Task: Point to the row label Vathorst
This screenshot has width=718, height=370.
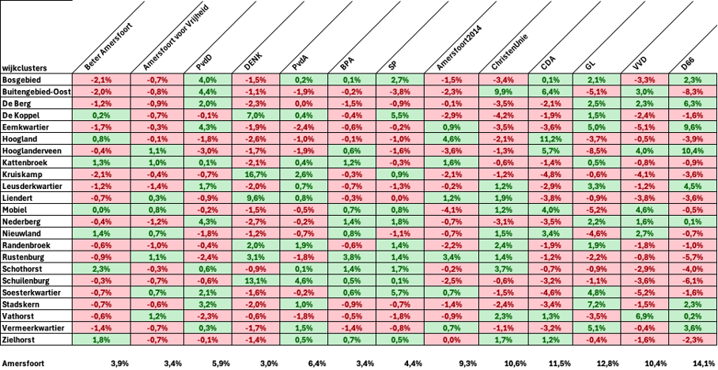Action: (x=19, y=315)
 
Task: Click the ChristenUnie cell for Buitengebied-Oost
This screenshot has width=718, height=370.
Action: (x=500, y=92)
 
